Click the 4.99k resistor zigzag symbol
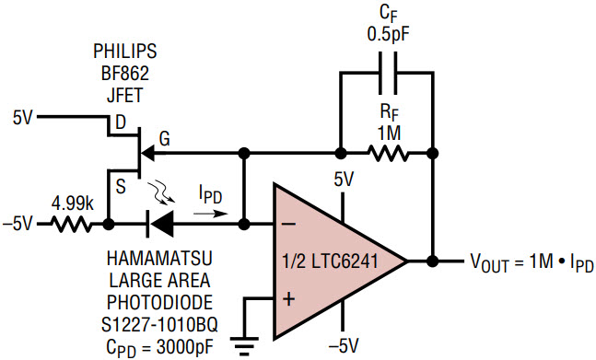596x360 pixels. click(x=72, y=225)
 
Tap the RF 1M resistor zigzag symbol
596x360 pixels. click(x=388, y=154)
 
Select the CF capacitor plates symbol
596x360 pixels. click(x=388, y=73)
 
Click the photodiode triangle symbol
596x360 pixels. click(x=162, y=225)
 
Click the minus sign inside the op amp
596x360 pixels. click(x=288, y=224)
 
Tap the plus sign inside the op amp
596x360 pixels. click(x=289, y=299)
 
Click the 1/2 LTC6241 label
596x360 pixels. click(x=330, y=261)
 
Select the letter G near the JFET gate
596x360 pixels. click(x=164, y=139)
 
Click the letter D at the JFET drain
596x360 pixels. click(x=120, y=122)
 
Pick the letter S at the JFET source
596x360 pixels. click(x=120, y=187)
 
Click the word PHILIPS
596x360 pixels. click(x=125, y=52)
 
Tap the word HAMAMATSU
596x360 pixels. click(x=159, y=258)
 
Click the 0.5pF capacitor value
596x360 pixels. click(x=389, y=35)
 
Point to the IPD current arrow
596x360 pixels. click(x=210, y=214)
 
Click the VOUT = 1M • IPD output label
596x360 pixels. click(x=532, y=262)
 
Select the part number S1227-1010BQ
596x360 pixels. click(x=159, y=325)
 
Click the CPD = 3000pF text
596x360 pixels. click(x=159, y=347)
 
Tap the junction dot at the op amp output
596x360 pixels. click(x=433, y=261)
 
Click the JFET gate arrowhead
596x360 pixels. click(x=147, y=154)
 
